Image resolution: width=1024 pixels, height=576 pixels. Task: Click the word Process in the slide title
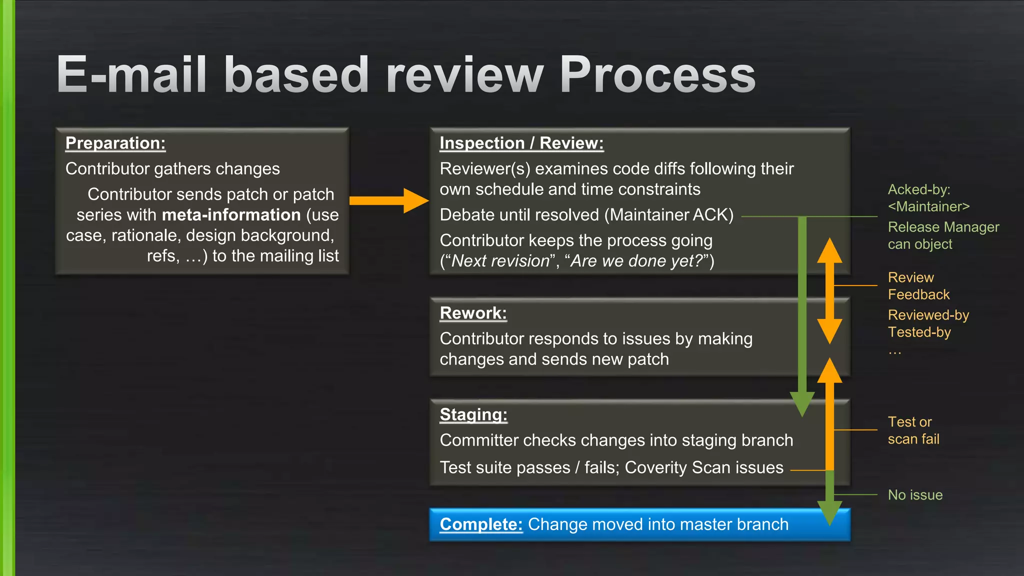pos(657,75)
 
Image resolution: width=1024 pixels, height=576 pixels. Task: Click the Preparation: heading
pos(115,143)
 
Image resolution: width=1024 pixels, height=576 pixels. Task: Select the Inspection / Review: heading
pos(521,143)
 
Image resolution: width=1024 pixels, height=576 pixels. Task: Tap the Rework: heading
pos(473,313)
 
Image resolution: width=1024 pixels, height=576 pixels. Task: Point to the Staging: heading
pos(473,414)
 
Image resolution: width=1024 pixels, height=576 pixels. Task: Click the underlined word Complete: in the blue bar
pos(481,524)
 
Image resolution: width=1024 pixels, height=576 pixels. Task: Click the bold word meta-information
pos(231,215)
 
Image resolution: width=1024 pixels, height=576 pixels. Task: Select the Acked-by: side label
pos(919,189)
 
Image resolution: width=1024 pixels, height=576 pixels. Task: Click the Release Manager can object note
pos(943,235)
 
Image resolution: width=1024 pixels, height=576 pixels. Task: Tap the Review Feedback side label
pos(918,286)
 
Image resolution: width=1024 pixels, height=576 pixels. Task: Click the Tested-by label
pos(919,332)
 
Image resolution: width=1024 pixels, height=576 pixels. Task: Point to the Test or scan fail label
pos(913,430)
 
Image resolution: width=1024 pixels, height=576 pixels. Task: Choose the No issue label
pos(915,495)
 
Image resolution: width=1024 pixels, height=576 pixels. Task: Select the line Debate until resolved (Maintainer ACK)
pos(586,215)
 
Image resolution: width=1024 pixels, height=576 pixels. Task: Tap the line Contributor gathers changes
pos(172,169)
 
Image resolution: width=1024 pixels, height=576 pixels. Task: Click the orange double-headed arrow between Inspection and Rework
pos(829,290)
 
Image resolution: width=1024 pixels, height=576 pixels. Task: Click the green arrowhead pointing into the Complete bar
pos(829,512)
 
